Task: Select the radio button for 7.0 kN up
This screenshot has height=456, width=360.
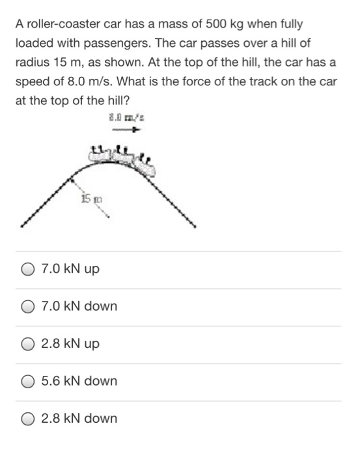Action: (x=27, y=269)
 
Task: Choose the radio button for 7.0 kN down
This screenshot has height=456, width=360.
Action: (x=27, y=306)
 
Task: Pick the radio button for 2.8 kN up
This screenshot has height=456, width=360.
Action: (x=27, y=344)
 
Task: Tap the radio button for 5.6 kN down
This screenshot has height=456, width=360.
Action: (x=27, y=381)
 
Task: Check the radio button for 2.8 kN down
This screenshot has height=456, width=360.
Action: (x=27, y=418)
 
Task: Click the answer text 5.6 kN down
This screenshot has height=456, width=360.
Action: (x=79, y=381)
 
